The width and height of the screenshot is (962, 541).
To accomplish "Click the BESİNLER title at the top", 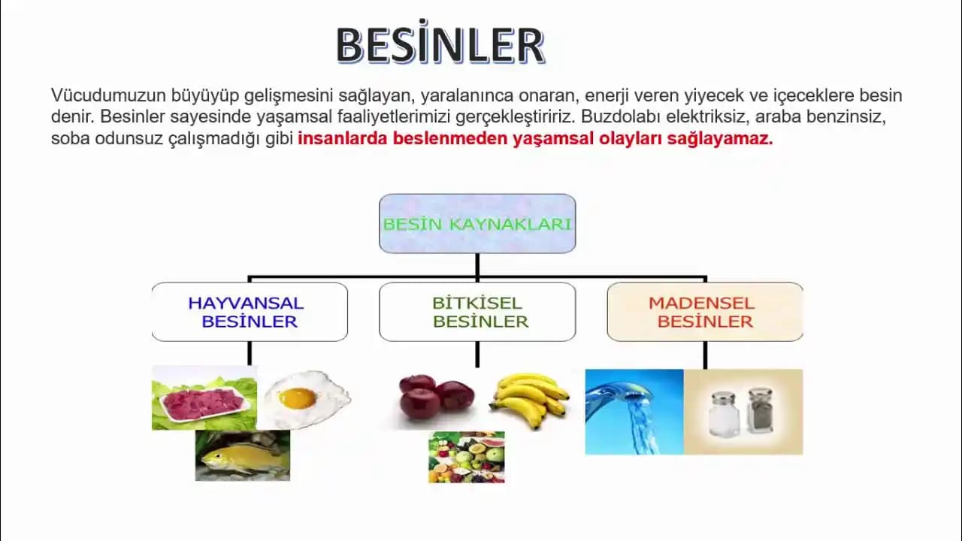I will click(x=440, y=46).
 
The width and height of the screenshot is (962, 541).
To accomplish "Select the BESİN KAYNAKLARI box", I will click(x=477, y=223).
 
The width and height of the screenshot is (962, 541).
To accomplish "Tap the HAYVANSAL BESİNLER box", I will click(x=250, y=312).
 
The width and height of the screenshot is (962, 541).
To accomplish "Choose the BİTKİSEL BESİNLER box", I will click(x=477, y=312).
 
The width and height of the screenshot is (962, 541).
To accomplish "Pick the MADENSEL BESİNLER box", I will click(x=704, y=312).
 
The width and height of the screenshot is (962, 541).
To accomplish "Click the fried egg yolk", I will click(x=298, y=397).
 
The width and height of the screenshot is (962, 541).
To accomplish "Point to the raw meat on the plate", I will click(x=203, y=403).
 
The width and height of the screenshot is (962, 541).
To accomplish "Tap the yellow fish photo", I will click(x=242, y=456).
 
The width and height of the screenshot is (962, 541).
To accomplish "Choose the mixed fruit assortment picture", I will click(x=467, y=457).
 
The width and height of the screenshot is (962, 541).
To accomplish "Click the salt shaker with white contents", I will click(x=723, y=414).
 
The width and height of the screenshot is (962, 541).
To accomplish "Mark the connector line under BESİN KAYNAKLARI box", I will click(x=477, y=265).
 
